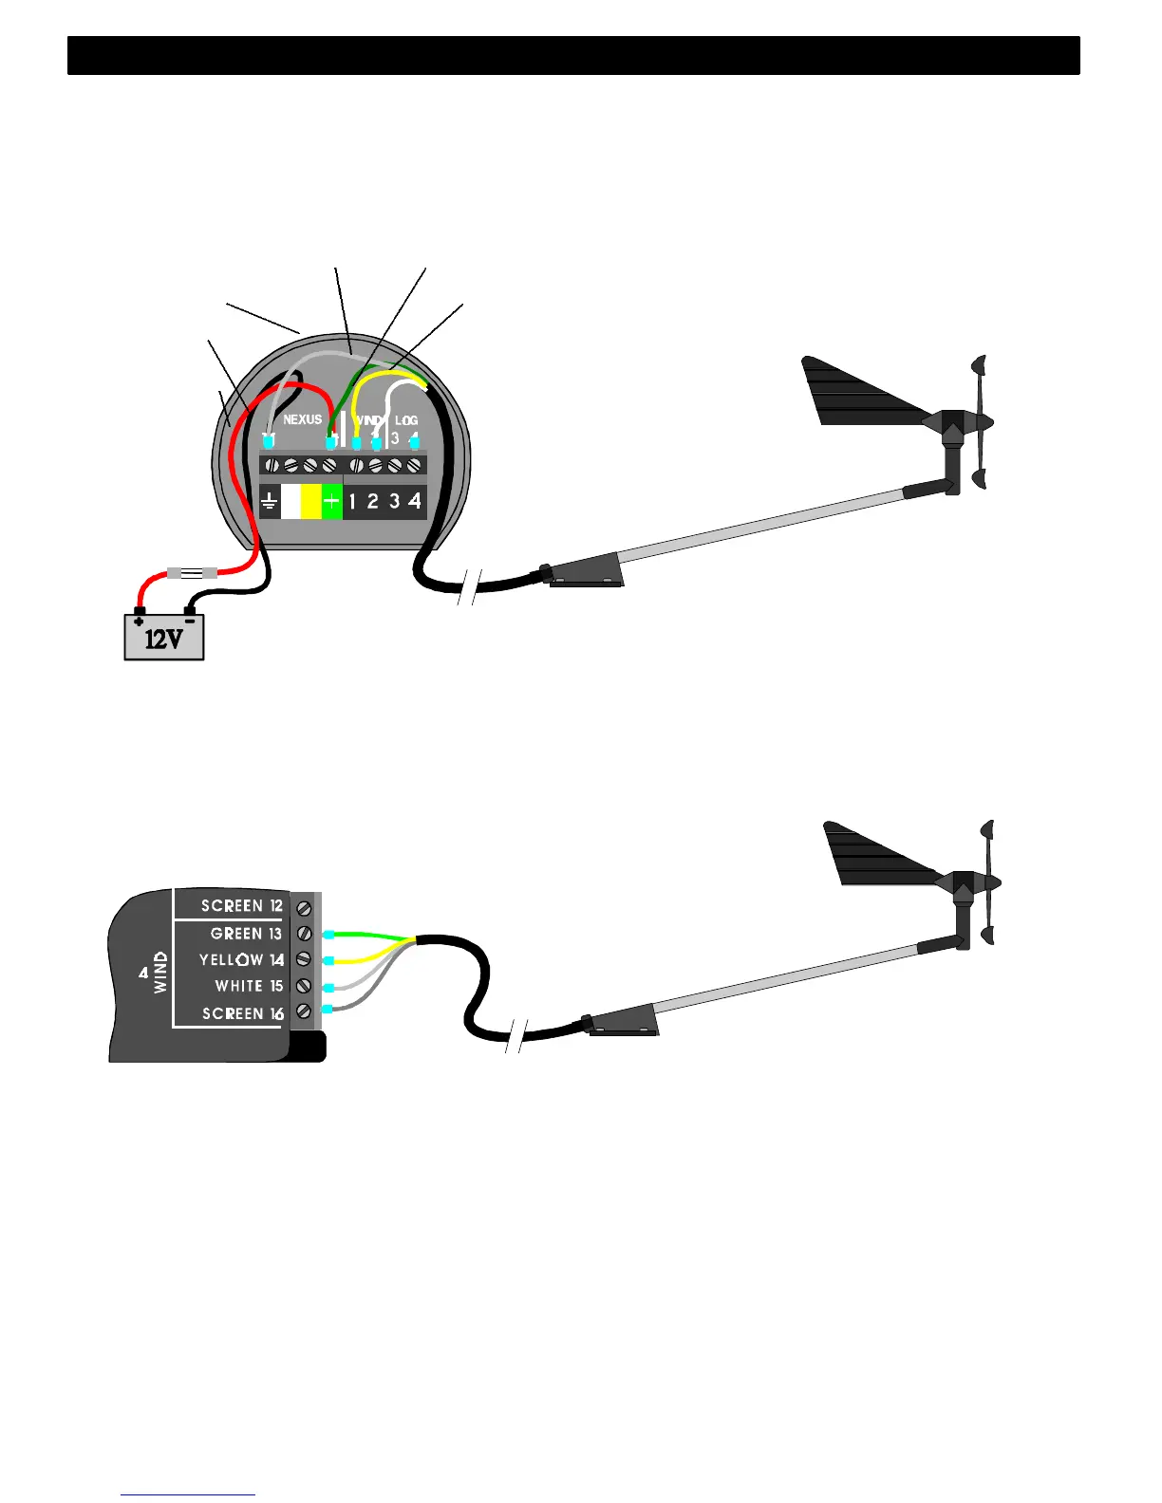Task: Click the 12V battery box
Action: [x=164, y=637]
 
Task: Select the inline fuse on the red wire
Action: [x=192, y=572]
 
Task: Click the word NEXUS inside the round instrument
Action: [x=303, y=419]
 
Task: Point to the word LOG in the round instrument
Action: [x=406, y=420]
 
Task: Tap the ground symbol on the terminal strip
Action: [x=270, y=501]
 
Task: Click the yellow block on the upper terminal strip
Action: [x=310, y=501]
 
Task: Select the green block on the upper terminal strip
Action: [x=331, y=501]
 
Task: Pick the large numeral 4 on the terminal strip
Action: [x=415, y=500]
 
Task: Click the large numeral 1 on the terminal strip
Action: [x=352, y=501]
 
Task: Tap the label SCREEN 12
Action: [x=242, y=906]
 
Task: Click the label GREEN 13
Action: [x=246, y=934]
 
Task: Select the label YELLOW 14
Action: [x=241, y=960]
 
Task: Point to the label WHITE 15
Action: [x=249, y=987]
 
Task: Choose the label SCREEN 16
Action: [x=242, y=1014]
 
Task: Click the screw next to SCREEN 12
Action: [x=305, y=908]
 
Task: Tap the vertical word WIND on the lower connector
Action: [x=160, y=973]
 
